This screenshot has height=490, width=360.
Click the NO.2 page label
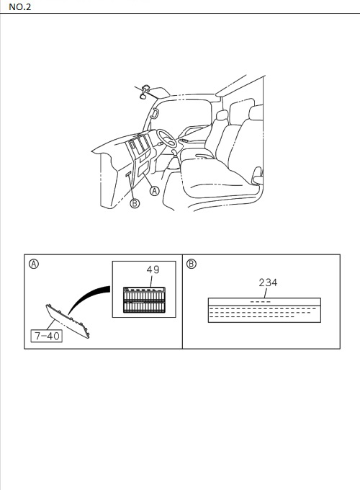tap(20, 7)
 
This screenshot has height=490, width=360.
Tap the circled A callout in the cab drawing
tap(155, 191)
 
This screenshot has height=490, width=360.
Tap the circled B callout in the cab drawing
tap(135, 203)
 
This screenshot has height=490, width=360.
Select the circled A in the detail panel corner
tap(34, 264)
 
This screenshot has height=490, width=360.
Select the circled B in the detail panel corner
tap(191, 264)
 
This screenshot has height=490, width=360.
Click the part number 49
tap(153, 269)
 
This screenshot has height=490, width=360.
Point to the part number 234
tap(268, 282)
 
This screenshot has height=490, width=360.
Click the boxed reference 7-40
tap(47, 336)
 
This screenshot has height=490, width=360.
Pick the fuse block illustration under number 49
tap(144, 300)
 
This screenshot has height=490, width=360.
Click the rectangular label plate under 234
tap(264, 310)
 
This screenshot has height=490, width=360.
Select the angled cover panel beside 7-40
tap(68, 321)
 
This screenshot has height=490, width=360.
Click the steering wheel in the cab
tap(167, 138)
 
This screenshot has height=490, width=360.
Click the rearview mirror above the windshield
tap(145, 92)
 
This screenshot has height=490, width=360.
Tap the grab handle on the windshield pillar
tap(153, 113)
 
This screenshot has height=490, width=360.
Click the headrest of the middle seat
tap(222, 115)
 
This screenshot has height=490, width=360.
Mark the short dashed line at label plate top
tap(261, 302)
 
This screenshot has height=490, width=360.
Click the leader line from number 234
tap(266, 293)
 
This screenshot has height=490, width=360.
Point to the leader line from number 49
tap(152, 281)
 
